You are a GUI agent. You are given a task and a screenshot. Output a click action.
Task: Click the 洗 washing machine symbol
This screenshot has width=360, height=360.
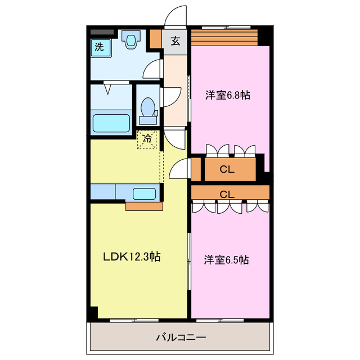[x=100, y=47]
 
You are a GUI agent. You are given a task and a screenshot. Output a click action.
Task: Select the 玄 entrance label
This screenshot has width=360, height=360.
[x=175, y=40]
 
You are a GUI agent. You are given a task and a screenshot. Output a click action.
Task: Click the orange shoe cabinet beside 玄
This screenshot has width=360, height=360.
[x=156, y=38]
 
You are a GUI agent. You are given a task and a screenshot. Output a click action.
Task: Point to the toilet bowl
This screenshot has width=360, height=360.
[x=148, y=109]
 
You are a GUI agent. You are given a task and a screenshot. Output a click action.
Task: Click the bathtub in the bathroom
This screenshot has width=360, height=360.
[x=110, y=122]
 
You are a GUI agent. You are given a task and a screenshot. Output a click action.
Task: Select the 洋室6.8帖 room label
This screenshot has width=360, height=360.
[x=227, y=95]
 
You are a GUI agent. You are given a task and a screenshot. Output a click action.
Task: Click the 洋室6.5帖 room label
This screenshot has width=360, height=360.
[x=227, y=260]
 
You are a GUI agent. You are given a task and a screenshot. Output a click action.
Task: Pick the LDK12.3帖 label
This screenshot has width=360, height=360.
[x=132, y=257]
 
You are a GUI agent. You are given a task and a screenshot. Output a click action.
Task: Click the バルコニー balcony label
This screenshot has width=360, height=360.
[x=180, y=338]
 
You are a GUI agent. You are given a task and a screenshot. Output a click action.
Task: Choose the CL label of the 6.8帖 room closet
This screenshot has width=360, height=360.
[x=227, y=169]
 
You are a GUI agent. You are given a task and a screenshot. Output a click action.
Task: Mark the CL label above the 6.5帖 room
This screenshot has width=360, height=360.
[x=227, y=194]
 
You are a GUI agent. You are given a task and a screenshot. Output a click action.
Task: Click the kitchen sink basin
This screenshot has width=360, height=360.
[x=145, y=194]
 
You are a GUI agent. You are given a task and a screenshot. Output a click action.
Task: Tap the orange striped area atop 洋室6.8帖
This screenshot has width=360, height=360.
[x=224, y=37]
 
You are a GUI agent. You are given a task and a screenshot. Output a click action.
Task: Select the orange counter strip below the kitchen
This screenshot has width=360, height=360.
[x=144, y=206]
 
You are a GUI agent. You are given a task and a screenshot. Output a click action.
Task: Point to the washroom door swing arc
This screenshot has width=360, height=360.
[x=151, y=69]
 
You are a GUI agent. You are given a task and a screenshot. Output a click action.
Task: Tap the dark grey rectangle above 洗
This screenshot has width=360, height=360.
[x=102, y=33]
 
